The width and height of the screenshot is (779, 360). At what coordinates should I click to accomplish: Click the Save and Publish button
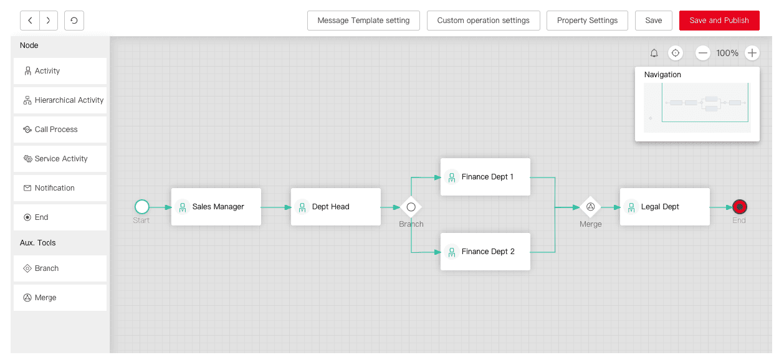[x=719, y=21]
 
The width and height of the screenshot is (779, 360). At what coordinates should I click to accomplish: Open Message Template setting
[x=363, y=21]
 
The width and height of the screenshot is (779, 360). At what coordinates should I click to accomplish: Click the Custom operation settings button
[x=483, y=21]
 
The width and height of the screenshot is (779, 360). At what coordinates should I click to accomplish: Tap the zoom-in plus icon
[x=752, y=53]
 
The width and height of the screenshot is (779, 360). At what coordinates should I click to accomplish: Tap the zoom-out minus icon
[x=703, y=53]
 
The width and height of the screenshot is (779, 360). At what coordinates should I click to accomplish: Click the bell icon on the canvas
[x=654, y=54]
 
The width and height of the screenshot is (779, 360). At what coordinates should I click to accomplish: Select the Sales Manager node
[x=216, y=207]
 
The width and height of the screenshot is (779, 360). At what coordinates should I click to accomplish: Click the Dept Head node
[x=335, y=207]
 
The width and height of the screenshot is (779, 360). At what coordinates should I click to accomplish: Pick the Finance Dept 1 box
[x=485, y=177]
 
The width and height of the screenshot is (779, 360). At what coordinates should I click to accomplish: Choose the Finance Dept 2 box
[x=485, y=252]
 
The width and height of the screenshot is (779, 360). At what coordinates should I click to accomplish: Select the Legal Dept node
[x=664, y=207]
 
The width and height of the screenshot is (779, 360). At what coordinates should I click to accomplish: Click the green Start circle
[x=142, y=207]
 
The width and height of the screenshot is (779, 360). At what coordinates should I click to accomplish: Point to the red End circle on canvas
[x=740, y=207]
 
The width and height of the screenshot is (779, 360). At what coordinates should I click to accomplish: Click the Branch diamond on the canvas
[x=411, y=207]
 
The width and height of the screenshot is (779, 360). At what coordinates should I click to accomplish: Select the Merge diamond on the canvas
[x=590, y=207]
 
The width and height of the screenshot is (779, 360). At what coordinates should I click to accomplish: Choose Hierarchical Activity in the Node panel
[x=60, y=100]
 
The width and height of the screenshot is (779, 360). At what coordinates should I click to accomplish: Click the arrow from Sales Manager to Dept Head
[x=275, y=207]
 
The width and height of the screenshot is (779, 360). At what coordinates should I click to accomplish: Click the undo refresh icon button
[x=74, y=21]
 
